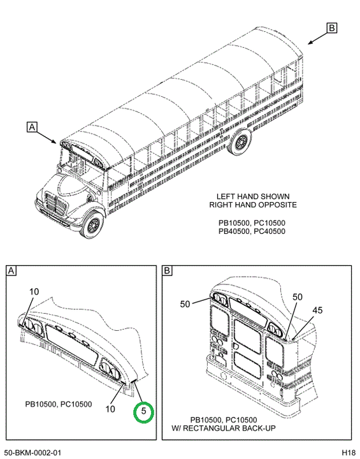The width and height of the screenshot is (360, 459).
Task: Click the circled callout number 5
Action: click(x=143, y=411)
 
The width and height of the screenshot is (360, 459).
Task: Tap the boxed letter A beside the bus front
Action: click(x=32, y=127)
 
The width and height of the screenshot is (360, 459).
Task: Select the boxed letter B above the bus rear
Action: click(x=331, y=28)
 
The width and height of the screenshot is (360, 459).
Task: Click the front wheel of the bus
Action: click(x=93, y=224)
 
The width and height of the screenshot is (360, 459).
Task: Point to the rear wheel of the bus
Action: click(x=240, y=143)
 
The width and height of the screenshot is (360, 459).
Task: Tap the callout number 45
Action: click(x=317, y=310)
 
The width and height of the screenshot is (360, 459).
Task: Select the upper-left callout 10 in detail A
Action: click(x=34, y=291)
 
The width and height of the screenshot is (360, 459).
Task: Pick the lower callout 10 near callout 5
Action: click(x=110, y=409)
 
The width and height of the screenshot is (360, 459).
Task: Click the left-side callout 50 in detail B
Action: click(x=185, y=304)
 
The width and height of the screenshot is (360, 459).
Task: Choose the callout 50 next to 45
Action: click(x=298, y=297)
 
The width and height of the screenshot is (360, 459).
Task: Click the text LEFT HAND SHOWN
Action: click(x=253, y=196)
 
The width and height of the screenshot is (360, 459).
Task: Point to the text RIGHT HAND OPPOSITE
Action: click(x=253, y=205)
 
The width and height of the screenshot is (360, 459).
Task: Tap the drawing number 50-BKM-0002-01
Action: click(x=33, y=453)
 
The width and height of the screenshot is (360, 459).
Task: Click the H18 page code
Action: click(x=349, y=453)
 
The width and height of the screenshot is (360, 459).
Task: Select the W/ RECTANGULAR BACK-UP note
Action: click(x=224, y=428)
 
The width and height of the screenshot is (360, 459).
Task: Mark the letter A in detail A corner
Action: click(x=11, y=270)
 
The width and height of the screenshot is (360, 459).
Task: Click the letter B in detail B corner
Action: click(x=167, y=270)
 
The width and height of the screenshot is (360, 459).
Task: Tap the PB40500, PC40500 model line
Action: click(x=252, y=231)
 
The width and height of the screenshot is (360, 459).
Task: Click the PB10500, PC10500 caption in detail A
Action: click(x=59, y=404)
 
